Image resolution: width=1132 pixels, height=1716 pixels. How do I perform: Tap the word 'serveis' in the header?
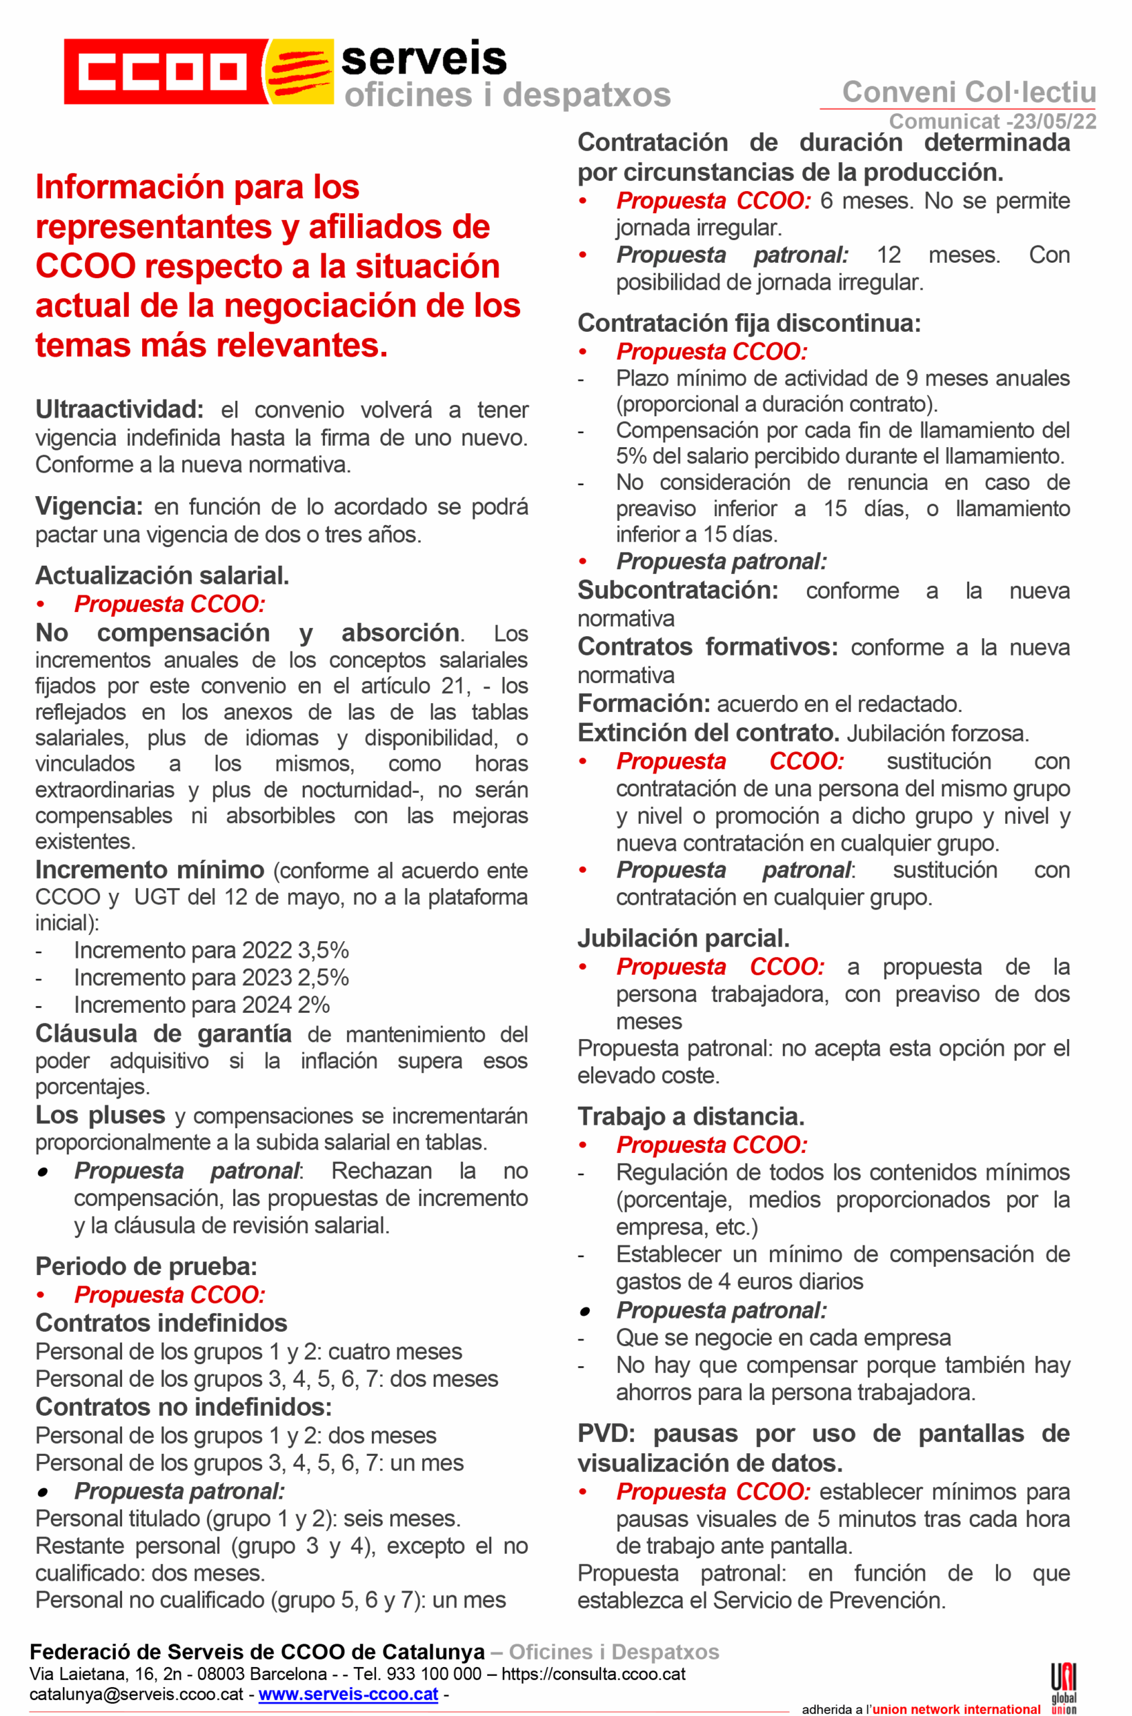pos(424,59)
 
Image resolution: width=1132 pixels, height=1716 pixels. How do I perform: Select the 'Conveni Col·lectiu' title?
pos(969,93)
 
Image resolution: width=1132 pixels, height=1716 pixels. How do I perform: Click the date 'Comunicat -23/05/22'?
pos(992,121)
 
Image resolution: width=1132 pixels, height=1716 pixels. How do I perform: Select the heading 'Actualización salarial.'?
pos(162,575)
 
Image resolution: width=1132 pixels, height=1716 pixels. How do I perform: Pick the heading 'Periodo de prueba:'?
pos(147,1266)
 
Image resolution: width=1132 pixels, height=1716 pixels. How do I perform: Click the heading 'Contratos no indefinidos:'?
pos(184,1406)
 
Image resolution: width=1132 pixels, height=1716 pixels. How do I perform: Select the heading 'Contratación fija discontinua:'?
pos(749,322)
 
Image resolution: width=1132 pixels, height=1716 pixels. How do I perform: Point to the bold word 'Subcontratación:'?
pos(678,590)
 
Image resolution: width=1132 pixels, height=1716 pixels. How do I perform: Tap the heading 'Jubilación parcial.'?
pos(683,938)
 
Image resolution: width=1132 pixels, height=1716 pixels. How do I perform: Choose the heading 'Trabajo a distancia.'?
pos(691,1116)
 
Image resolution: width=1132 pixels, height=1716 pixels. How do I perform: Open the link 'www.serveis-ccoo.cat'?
pos(348,1694)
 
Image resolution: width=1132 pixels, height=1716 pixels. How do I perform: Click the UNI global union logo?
pos(1064,1687)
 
